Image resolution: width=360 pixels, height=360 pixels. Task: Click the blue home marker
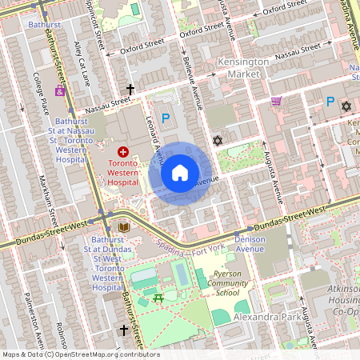(x=180, y=172)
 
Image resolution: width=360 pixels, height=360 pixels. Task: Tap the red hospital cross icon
(x=123, y=151)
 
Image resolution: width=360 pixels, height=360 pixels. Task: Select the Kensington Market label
(x=240, y=67)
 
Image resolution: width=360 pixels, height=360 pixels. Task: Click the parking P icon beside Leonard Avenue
(x=166, y=118)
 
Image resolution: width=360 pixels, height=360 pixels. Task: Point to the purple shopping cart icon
(x=276, y=101)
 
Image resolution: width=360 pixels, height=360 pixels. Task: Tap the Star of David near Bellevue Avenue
(x=217, y=141)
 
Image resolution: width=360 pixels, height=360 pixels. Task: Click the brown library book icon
(x=123, y=228)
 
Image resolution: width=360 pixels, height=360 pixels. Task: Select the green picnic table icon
(x=158, y=298)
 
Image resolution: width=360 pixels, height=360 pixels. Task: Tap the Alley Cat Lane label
(x=81, y=65)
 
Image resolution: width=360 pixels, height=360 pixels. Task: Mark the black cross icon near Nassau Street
(x=130, y=90)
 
